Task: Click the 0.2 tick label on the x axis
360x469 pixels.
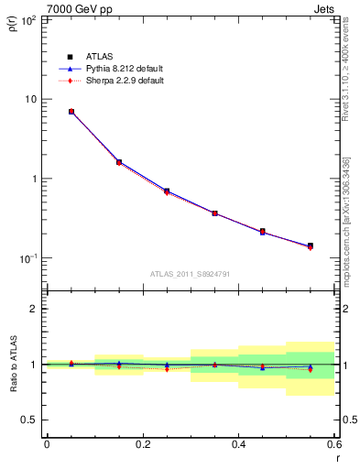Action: click(142, 444)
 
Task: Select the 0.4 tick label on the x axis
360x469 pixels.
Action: click(238, 444)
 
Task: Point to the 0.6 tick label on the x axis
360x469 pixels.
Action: click(333, 444)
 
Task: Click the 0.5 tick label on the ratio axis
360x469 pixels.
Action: click(29, 420)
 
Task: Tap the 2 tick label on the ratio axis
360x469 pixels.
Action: click(34, 309)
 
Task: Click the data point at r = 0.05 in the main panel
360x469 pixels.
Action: click(71, 112)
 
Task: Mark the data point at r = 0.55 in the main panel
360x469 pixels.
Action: click(311, 245)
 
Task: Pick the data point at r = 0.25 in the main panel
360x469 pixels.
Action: click(167, 191)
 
